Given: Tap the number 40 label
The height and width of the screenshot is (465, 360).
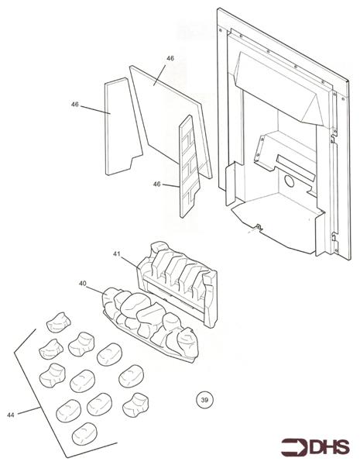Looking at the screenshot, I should tap(83, 284).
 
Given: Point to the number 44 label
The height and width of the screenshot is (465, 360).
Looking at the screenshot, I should tap(11, 416).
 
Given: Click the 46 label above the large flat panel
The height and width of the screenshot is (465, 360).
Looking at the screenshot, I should tap(170, 59).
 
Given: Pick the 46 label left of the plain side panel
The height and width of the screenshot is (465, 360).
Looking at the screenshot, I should tap(75, 105).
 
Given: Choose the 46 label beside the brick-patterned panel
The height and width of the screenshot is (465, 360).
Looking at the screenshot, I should tap(156, 184).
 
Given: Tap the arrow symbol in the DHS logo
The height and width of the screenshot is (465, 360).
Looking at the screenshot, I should tap(293, 448).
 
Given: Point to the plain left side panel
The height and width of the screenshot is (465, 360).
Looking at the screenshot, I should tap(117, 124).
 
